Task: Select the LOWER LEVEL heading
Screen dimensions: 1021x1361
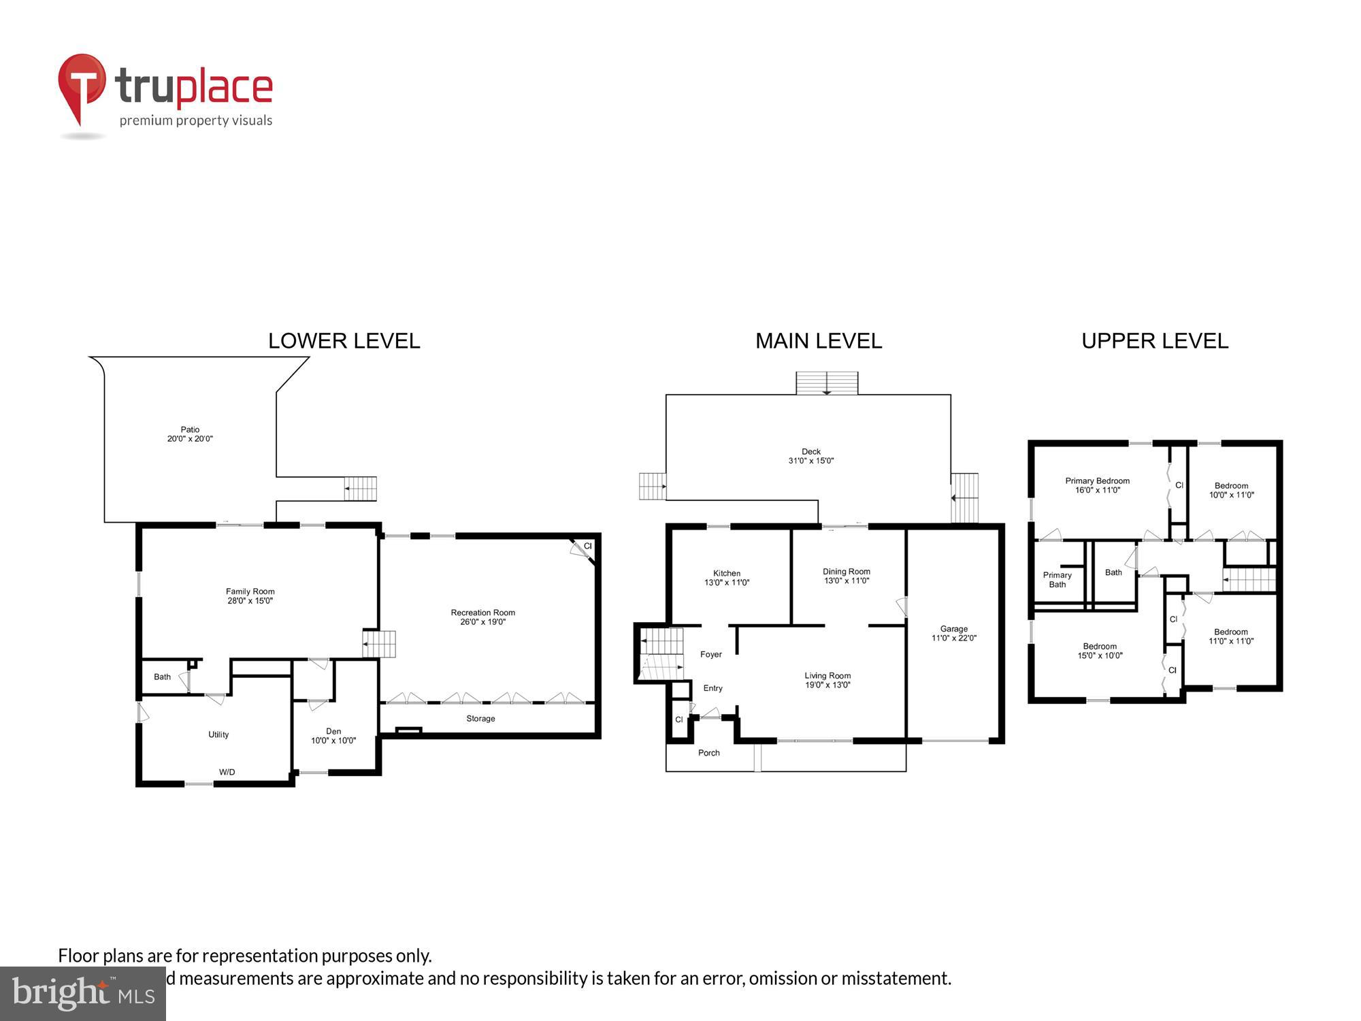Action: (x=344, y=341)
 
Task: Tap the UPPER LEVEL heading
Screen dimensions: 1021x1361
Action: (x=1155, y=341)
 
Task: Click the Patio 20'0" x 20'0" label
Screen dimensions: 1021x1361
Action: (x=190, y=434)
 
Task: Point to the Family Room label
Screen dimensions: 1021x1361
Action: (x=250, y=596)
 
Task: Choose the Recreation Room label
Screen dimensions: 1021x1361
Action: (x=482, y=617)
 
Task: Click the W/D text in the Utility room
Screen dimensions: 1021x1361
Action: (x=227, y=772)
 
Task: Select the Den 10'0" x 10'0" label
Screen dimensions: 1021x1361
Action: (x=333, y=736)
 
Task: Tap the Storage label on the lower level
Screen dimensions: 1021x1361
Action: (x=480, y=719)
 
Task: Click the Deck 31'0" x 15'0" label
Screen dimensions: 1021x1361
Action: (x=810, y=456)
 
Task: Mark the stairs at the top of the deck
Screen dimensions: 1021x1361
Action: (x=827, y=383)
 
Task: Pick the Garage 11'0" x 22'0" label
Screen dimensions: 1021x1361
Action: (x=953, y=634)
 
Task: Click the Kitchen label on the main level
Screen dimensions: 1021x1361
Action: (x=726, y=578)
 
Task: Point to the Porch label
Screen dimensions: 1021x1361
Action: (x=708, y=753)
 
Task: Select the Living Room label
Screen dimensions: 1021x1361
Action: (x=827, y=680)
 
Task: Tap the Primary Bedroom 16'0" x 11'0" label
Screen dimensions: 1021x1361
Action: (x=1097, y=485)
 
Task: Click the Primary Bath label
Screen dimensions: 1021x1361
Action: (x=1057, y=580)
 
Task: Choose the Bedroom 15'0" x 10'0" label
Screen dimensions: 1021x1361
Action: (x=1100, y=651)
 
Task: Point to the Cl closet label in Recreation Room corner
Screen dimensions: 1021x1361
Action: (x=588, y=546)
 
